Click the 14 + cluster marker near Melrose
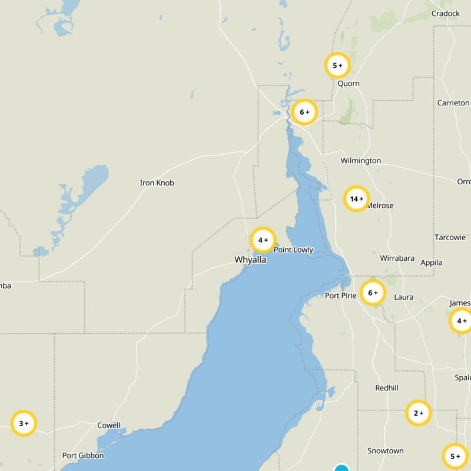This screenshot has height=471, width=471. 356,199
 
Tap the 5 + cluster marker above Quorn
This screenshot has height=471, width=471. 337,65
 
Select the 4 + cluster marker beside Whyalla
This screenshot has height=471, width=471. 263,240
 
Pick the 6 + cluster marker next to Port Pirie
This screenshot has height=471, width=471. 373,293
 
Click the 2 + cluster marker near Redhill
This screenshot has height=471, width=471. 419,413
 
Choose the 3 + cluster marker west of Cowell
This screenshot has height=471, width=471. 24,423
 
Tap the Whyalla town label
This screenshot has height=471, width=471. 250,260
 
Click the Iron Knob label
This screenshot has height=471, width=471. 157,183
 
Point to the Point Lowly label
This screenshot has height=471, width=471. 293,250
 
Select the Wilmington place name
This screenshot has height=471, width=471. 360,160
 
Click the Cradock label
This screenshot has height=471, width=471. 445,14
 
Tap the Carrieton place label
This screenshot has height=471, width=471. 453,103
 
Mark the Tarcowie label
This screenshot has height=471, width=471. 450,237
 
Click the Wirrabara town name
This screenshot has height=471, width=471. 397,258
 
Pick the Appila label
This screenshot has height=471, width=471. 431,263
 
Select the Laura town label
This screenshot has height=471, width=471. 404,297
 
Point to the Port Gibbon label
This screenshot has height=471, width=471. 83,455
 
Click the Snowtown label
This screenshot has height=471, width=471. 386,451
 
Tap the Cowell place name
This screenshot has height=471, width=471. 109,425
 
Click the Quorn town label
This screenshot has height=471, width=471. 349,84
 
